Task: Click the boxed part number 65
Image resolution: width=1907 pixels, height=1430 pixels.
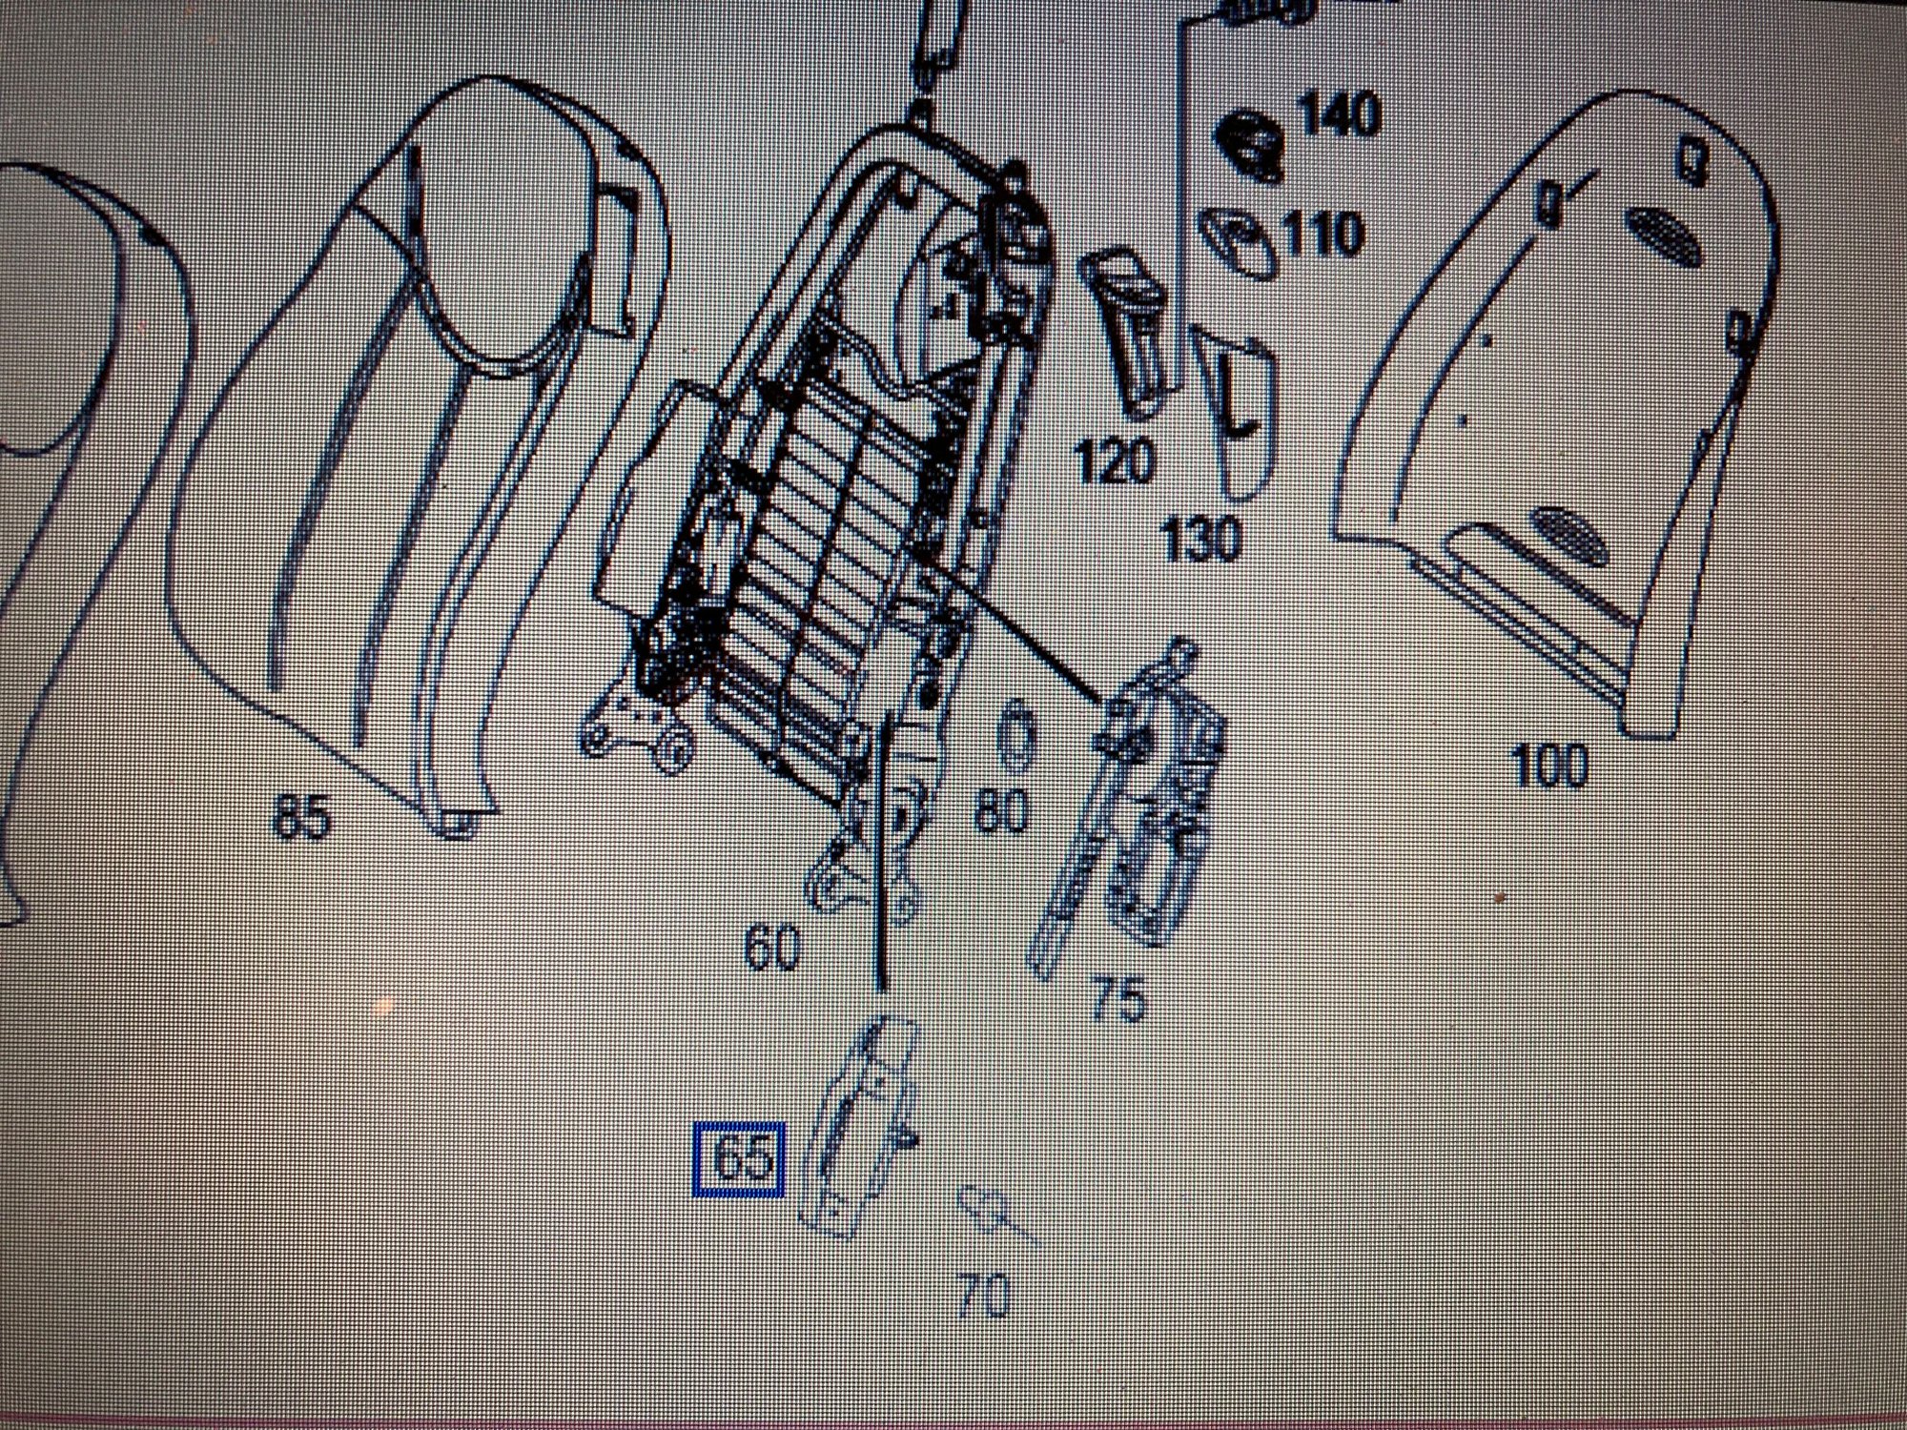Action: pos(740,1159)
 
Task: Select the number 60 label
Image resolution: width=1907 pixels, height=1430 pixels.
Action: pos(772,949)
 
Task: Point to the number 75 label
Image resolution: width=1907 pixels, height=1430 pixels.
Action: pos(1118,1000)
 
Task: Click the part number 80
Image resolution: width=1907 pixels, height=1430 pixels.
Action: pos(1002,812)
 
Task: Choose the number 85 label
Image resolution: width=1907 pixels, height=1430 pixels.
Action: pos(300,816)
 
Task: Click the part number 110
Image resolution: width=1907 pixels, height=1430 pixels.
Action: pos(1322,235)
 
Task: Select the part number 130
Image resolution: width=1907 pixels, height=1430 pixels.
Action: pos(1202,538)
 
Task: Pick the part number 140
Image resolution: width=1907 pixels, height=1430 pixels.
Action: pos(1341,114)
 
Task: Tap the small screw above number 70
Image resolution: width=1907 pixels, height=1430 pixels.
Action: pos(996,1214)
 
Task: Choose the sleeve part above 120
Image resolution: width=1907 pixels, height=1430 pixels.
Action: pos(1127,334)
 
